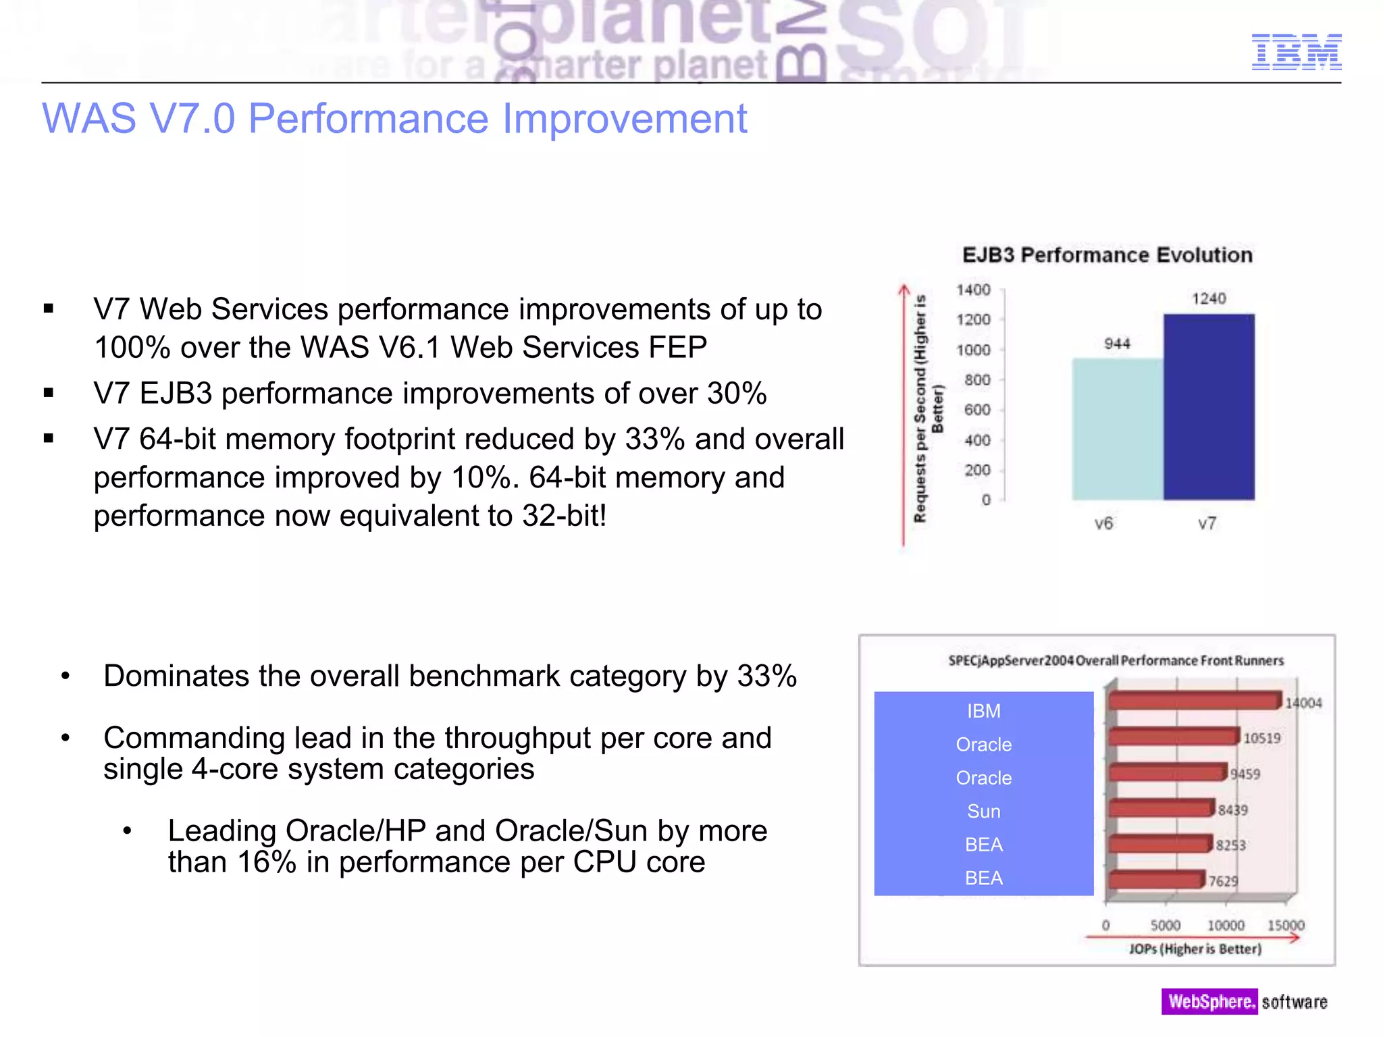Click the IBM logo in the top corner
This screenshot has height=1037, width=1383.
(x=1296, y=52)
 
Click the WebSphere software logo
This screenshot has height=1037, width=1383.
(x=1244, y=1001)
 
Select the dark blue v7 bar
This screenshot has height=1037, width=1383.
(x=1209, y=407)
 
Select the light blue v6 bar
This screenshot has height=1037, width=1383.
(x=1118, y=429)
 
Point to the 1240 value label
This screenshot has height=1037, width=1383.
(x=1208, y=298)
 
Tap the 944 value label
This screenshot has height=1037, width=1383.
(x=1117, y=344)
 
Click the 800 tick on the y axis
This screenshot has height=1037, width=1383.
(x=977, y=380)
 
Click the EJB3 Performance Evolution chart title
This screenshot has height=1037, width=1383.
(x=1107, y=255)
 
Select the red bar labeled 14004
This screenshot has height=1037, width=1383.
(x=1194, y=701)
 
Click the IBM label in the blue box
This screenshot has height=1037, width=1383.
(x=983, y=711)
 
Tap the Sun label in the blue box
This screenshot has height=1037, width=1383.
(x=983, y=811)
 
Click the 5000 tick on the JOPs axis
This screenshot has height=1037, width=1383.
(x=1166, y=925)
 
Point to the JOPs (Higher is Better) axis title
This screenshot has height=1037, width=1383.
(x=1195, y=949)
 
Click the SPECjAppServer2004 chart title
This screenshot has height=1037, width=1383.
(x=1116, y=660)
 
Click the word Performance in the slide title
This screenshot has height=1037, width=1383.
(x=367, y=119)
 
